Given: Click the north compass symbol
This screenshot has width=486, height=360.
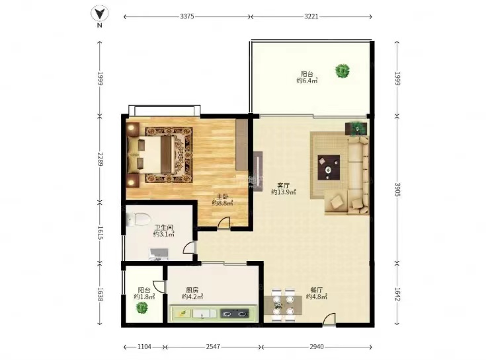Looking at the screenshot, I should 99,15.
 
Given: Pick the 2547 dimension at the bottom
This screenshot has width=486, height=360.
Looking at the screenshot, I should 213,346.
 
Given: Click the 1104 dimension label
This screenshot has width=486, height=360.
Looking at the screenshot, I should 143,346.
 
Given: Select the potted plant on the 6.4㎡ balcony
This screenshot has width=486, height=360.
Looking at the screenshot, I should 342,70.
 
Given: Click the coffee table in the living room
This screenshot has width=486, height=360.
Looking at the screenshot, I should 329,167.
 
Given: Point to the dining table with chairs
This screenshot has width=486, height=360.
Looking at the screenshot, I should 284,304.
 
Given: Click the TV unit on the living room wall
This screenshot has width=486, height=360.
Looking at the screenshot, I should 257,170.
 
